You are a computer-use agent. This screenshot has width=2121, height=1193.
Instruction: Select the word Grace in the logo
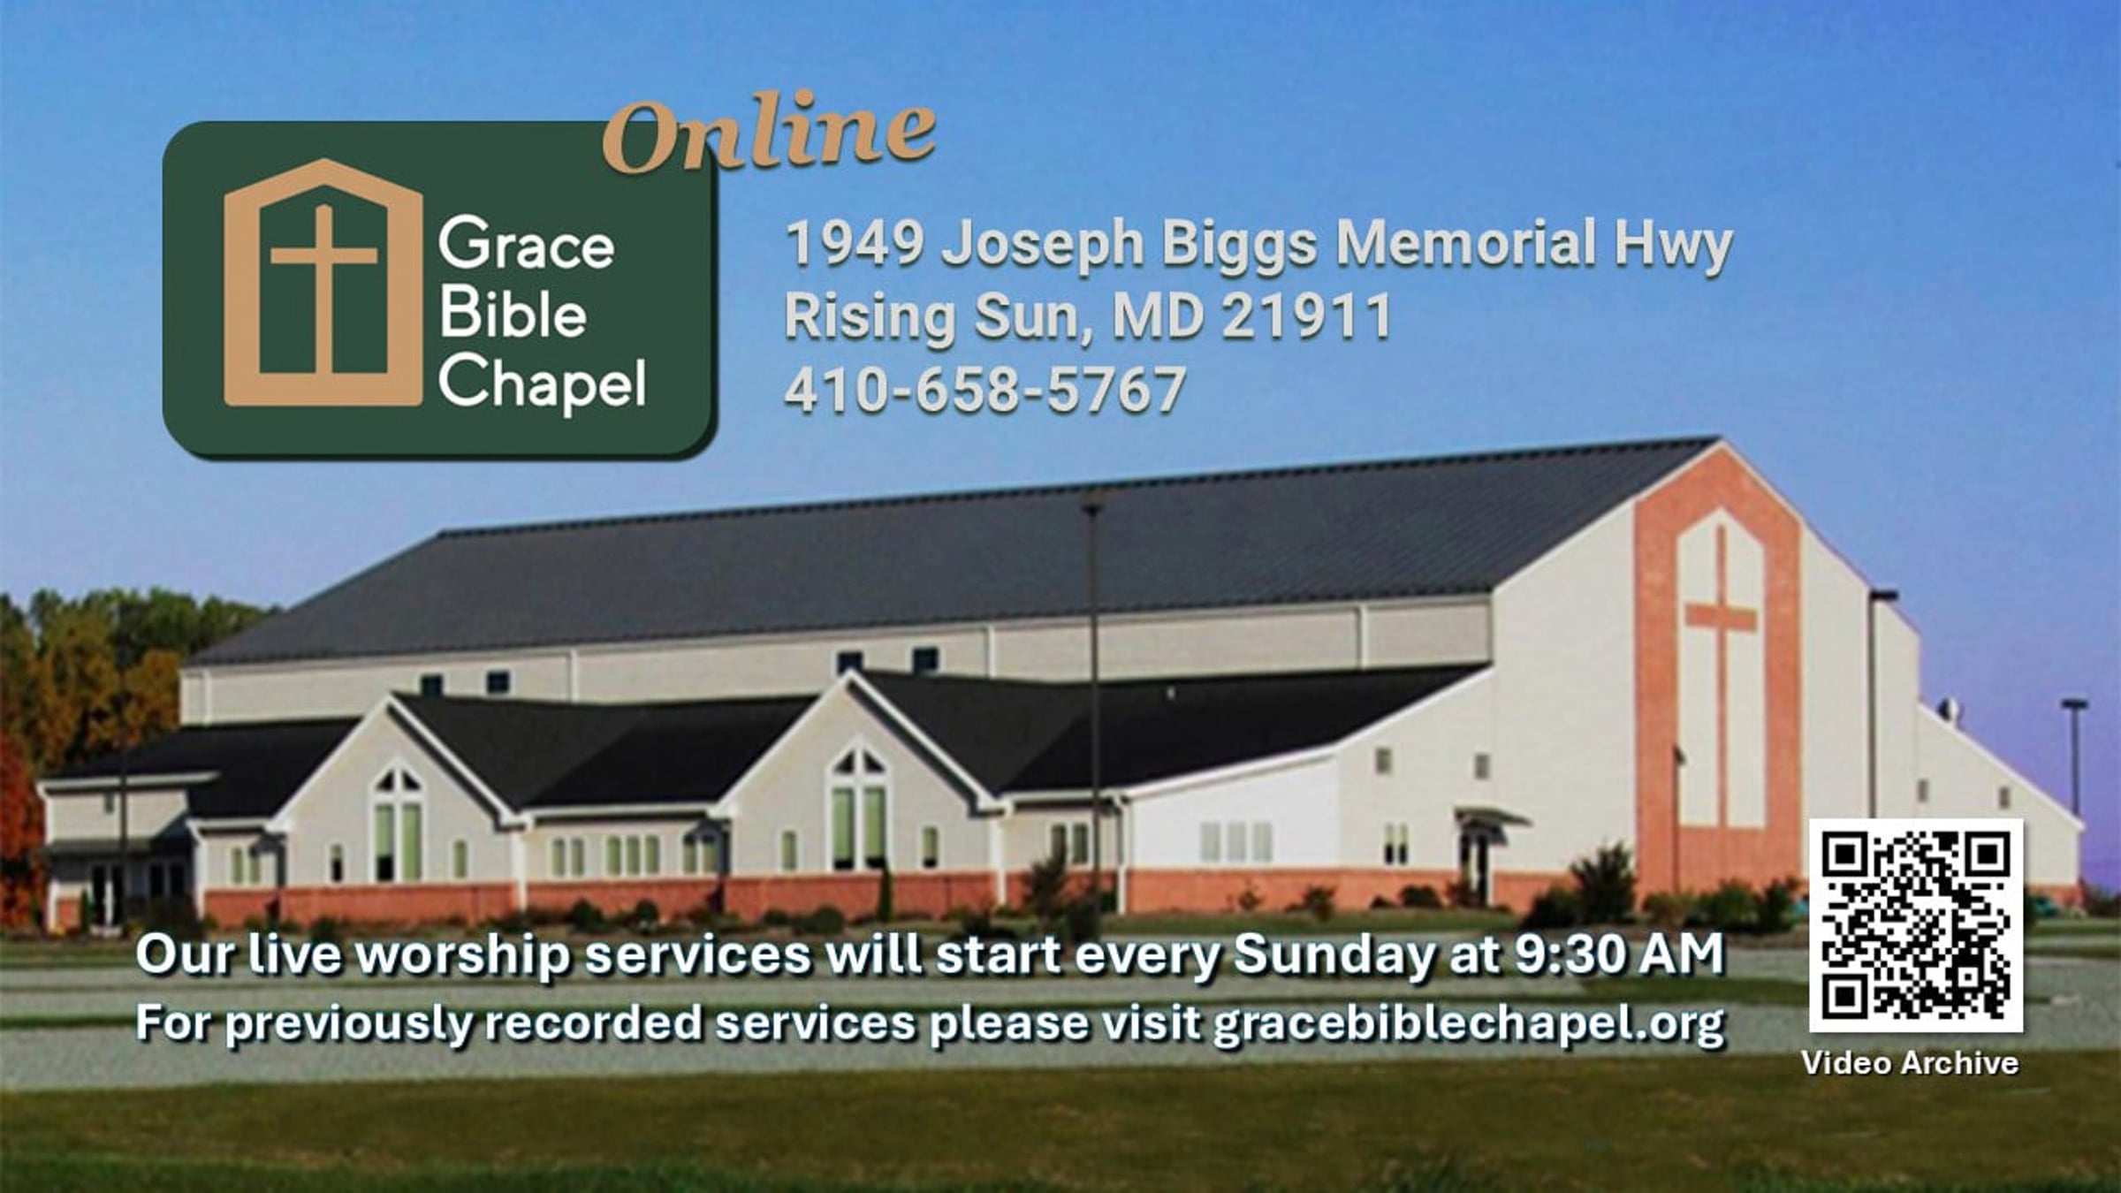click(526, 244)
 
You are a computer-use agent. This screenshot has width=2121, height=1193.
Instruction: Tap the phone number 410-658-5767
click(984, 390)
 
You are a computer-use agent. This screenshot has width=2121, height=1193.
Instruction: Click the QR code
click(1916, 925)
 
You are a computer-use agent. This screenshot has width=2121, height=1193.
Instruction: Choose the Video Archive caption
click(1910, 1062)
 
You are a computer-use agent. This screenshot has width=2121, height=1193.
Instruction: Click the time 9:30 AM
click(1619, 954)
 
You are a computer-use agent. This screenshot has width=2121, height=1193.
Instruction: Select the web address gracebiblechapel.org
click(1468, 1024)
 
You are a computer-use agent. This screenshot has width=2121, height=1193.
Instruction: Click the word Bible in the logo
click(513, 313)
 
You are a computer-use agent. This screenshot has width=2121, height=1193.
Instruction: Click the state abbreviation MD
click(1158, 316)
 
